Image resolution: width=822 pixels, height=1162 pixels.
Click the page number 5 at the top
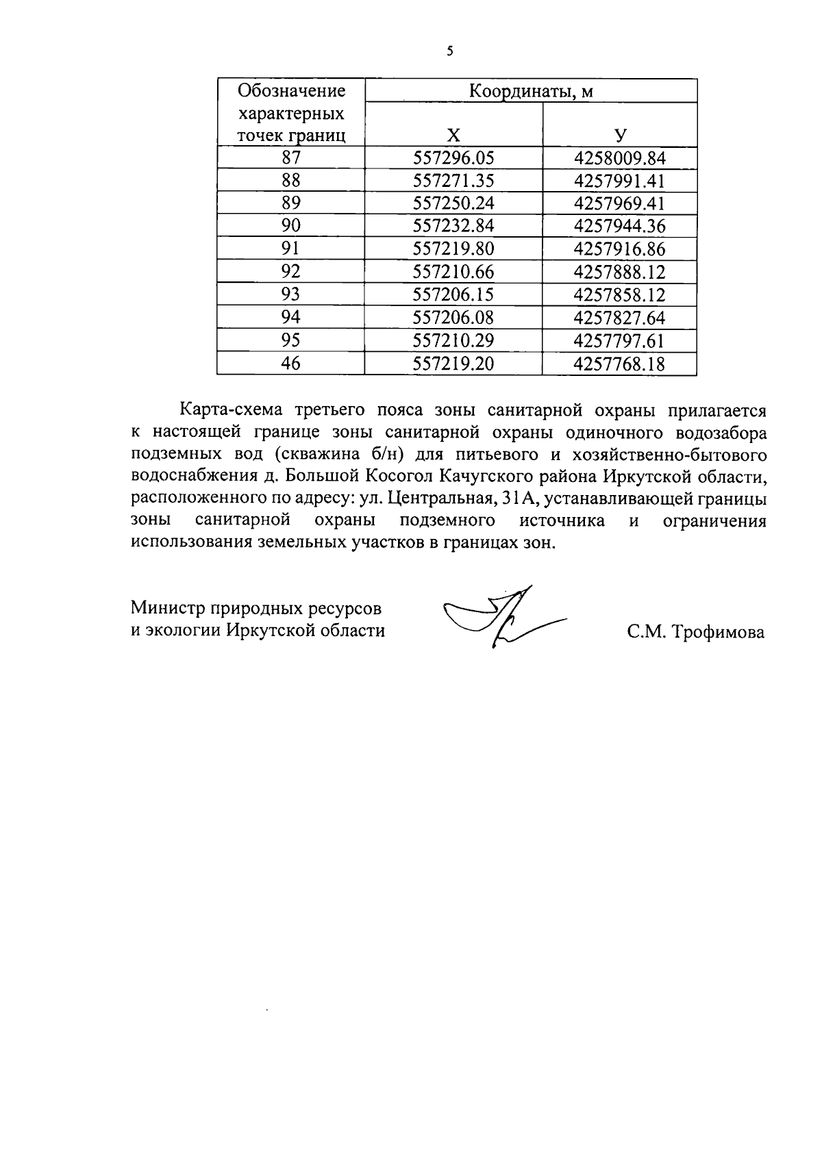point(449,51)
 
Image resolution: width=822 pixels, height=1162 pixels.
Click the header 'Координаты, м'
point(531,91)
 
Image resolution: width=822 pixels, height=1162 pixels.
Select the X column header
point(453,135)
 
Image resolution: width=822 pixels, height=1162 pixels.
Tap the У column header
point(620,135)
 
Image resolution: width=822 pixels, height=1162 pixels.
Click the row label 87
point(291,158)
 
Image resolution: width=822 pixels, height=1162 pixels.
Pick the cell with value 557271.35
point(453,181)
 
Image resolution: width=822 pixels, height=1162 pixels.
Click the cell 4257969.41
point(620,203)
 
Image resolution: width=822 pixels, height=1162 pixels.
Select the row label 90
point(291,226)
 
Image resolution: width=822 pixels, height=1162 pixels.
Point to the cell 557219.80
point(453,249)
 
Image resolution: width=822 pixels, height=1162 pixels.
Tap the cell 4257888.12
point(620,272)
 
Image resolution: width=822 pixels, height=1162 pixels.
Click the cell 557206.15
point(453,294)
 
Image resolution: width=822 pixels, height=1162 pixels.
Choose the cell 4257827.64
point(620,318)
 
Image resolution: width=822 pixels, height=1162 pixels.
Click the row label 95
point(291,340)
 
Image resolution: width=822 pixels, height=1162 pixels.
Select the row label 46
point(291,364)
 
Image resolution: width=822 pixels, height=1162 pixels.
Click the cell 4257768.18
point(620,364)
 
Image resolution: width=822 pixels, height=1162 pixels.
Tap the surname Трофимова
point(718,632)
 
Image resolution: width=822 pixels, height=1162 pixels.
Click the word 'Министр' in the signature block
point(168,608)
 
